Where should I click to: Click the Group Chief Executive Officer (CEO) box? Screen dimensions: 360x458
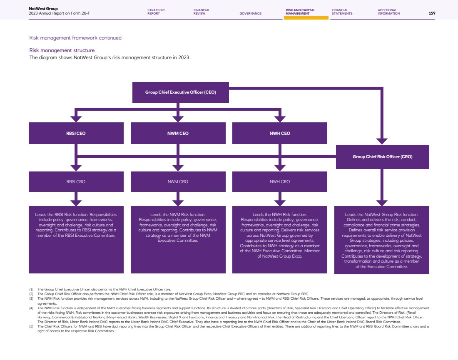180,92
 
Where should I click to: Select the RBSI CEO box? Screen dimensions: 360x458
76,134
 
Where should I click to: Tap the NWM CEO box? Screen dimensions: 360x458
178,134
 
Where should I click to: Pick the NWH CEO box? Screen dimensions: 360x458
280,134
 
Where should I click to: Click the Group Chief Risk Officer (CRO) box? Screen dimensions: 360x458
382,157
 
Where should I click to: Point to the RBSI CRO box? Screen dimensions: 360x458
76,182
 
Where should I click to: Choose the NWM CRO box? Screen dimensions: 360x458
178,182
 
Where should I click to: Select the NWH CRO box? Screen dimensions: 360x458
280,182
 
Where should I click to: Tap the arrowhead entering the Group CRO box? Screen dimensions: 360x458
382,141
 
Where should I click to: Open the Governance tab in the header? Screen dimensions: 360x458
251,13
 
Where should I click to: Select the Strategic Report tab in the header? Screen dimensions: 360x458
156,12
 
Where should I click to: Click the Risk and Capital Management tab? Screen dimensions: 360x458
300,12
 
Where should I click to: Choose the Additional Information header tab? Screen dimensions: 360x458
388,12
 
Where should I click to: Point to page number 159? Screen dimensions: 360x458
432,13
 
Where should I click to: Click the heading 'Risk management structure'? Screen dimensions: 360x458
62,51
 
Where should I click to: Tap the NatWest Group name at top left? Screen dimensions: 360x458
43,8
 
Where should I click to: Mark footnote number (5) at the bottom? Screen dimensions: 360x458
31,326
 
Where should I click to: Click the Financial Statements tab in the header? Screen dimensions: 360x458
342,12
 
